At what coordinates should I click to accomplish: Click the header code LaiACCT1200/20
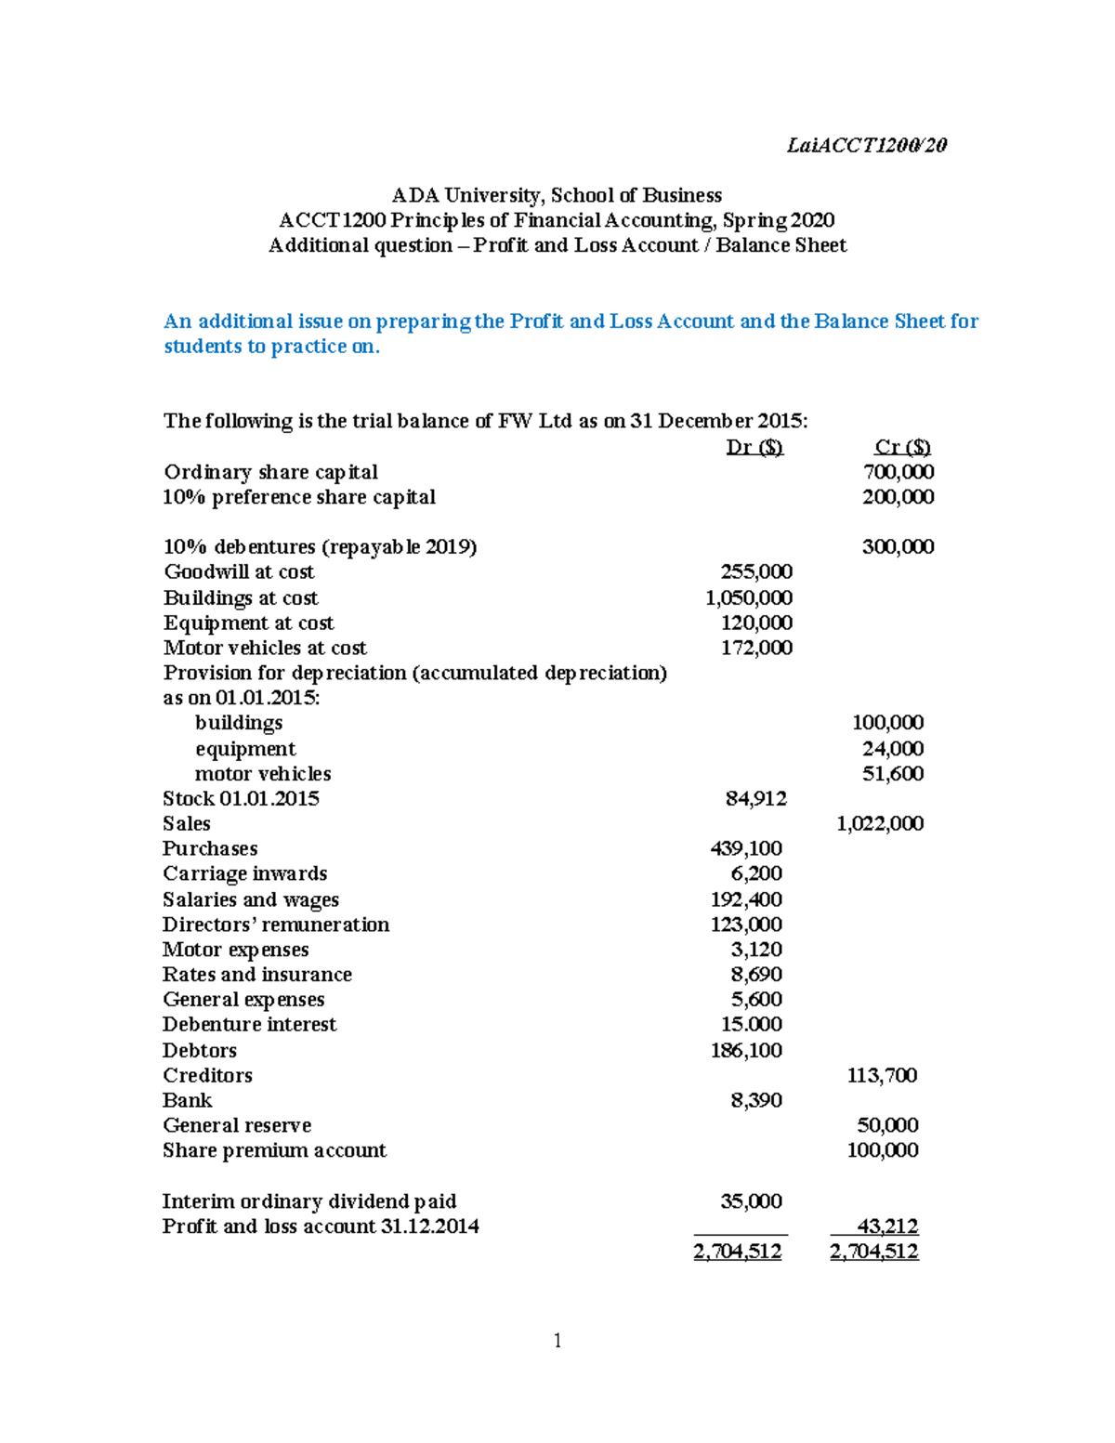click(866, 145)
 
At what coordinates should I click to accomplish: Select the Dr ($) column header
click(754, 447)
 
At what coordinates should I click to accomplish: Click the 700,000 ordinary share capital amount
click(898, 472)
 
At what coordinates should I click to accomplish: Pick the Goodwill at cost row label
click(239, 572)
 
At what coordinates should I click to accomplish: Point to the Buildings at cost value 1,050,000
click(749, 597)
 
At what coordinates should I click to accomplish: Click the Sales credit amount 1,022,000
click(880, 823)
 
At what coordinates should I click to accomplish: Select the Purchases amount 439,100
click(746, 848)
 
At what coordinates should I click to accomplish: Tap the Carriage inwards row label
click(244, 873)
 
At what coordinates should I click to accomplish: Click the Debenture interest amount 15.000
click(752, 1024)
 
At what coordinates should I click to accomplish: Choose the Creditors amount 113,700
click(882, 1075)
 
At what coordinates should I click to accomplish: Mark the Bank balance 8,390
click(756, 1100)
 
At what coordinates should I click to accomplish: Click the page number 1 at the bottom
click(557, 1340)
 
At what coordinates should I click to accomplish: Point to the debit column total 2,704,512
click(738, 1252)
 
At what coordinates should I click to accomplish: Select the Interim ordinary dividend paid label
click(309, 1201)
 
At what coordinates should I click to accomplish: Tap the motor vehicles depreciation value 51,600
click(892, 773)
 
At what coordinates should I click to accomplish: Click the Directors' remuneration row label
click(276, 925)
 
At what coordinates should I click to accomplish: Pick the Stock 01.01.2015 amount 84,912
click(755, 798)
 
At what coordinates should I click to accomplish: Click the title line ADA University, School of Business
click(557, 195)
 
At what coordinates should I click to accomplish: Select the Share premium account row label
click(274, 1150)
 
